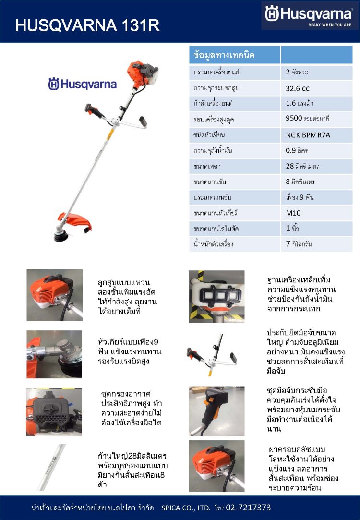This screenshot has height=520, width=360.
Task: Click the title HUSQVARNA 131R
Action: pyautogui.click(x=87, y=25)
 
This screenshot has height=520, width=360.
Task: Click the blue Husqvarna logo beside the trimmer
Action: pyautogui.click(x=82, y=85)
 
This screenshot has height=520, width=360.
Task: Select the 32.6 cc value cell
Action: pyautogui.click(x=298, y=88)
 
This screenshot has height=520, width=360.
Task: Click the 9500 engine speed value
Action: pyautogui.click(x=310, y=118)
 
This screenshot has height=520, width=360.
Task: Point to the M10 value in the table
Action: pyautogui.click(x=293, y=213)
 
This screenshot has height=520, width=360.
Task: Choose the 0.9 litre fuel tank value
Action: pyautogui.click(x=297, y=151)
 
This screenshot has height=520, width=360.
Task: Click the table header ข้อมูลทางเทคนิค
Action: pyautogui.click(x=224, y=55)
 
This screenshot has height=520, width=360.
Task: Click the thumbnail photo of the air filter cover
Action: pyautogui.click(x=54, y=409)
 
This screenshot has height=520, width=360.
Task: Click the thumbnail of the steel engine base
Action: pyautogui.click(x=216, y=296)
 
